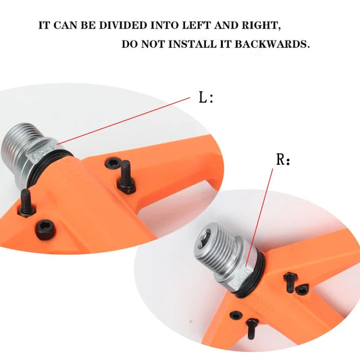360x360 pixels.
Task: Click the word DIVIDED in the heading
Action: coord(123,25)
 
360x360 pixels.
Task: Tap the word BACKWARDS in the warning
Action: coord(272,44)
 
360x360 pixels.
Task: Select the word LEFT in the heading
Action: coord(197,25)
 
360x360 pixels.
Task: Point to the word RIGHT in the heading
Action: coord(261,25)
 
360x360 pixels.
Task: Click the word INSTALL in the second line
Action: coord(193,44)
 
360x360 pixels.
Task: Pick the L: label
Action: coord(206,97)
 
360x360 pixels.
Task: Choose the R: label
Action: coord(283,159)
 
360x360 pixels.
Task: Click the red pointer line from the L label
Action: coord(124,121)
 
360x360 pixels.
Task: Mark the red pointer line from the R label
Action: coord(259,217)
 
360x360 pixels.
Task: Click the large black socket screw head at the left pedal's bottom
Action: coord(45,230)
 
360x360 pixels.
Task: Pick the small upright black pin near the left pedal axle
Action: coord(27,203)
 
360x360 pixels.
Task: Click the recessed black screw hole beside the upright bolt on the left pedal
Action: coord(113,163)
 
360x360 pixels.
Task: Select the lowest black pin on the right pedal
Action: coord(252,328)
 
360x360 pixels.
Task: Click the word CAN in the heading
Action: coord(66,25)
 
